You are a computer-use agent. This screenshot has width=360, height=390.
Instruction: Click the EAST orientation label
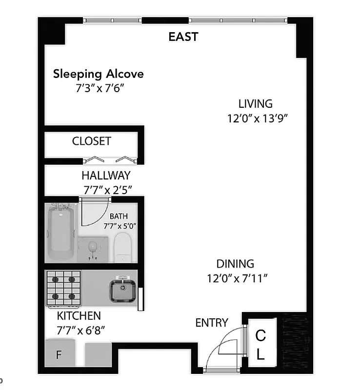click(x=183, y=37)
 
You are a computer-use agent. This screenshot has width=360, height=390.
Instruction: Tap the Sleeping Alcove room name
click(x=98, y=74)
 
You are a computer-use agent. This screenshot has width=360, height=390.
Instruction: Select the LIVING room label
click(x=255, y=103)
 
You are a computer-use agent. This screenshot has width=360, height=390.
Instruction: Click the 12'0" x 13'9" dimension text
click(x=255, y=118)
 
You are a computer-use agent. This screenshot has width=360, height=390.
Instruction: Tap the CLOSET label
click(x=92, y=141)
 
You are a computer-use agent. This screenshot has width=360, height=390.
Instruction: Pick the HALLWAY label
click(x=106, y=175)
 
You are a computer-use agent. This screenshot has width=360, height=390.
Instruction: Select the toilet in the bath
click(x=123, y=247)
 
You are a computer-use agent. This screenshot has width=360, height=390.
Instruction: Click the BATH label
click(x=119, y=216)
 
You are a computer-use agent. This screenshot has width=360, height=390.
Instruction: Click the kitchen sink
click(x=122, y=291)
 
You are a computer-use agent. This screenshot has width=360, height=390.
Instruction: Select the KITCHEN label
click(x=79, y=315)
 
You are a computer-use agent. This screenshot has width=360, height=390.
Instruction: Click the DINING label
click(x=235, y=264)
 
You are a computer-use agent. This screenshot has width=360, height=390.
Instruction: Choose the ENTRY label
click(x=212, y=323)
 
